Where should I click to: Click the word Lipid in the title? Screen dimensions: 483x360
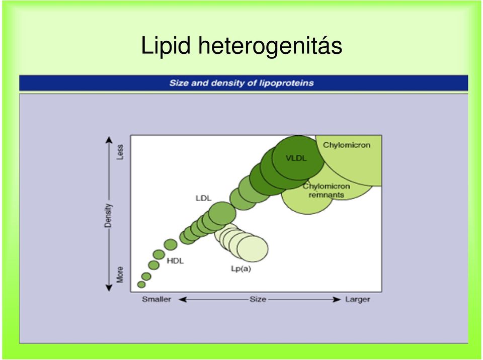coord(166,46)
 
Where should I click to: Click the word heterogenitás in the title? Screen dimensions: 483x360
coord(270,46)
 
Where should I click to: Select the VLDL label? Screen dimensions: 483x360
coord(296,158)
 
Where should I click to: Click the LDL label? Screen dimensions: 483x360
coord(204,198)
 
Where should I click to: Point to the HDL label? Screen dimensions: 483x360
coord(175,261)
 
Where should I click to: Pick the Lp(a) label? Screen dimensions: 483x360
coord(241,268)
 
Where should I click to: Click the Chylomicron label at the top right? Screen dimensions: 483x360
coord(347,145)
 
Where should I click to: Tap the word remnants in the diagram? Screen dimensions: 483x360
coord(326,195)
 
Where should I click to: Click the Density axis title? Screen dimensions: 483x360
coord(108,215)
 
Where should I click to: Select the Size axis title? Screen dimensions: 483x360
coord(258,299)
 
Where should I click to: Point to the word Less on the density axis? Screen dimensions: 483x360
coord(120,152)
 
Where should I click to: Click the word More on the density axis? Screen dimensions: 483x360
coord(120,275)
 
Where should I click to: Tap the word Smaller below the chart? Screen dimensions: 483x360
coord(156,299)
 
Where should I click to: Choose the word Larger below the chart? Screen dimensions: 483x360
coord(357,299)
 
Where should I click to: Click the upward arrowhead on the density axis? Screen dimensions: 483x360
coord(109,140)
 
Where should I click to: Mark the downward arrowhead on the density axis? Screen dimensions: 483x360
coord(109,288)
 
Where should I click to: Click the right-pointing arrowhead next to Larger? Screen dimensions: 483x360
coord(337,299)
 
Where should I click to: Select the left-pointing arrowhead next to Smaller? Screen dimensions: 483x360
coord(183,299)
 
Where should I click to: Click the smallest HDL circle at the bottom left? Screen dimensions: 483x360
coord(141,285)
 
